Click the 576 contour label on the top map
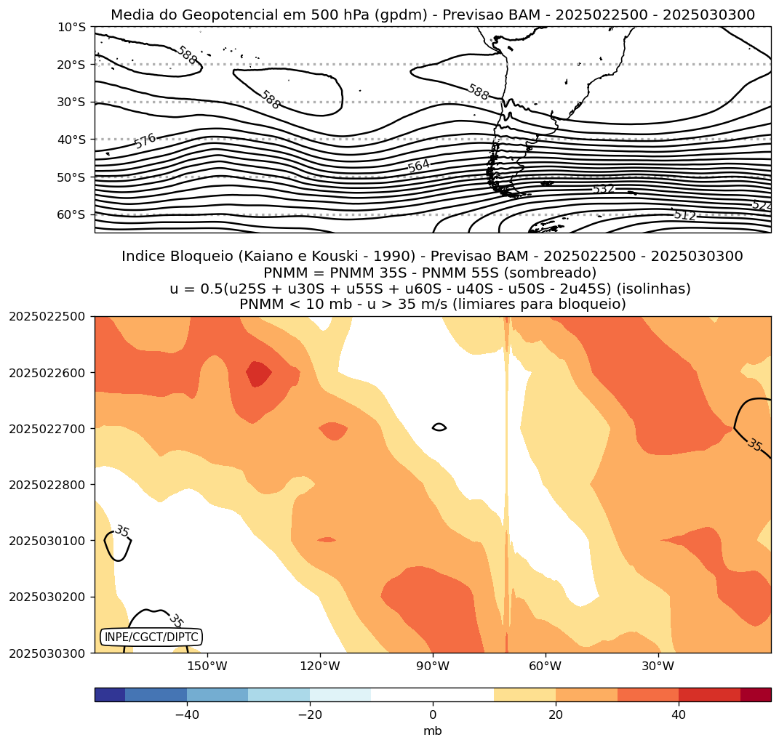coord(145,141)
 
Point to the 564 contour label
coord(418,166)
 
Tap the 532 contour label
coord(603,190)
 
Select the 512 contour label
coord(684,214)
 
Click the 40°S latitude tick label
coord(71,140)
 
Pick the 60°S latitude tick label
coord(71,214)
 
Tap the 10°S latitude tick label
coord(71,27)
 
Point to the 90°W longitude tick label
coord(433,667)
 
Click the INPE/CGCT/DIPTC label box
coord(151,637)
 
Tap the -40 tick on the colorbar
coord(187,715)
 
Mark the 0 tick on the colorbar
coord(433,715)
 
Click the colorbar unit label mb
coord(433,731)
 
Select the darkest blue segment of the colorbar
coord(110,695)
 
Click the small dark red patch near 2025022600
coord(258,374)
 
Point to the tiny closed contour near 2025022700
coord(439,427)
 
